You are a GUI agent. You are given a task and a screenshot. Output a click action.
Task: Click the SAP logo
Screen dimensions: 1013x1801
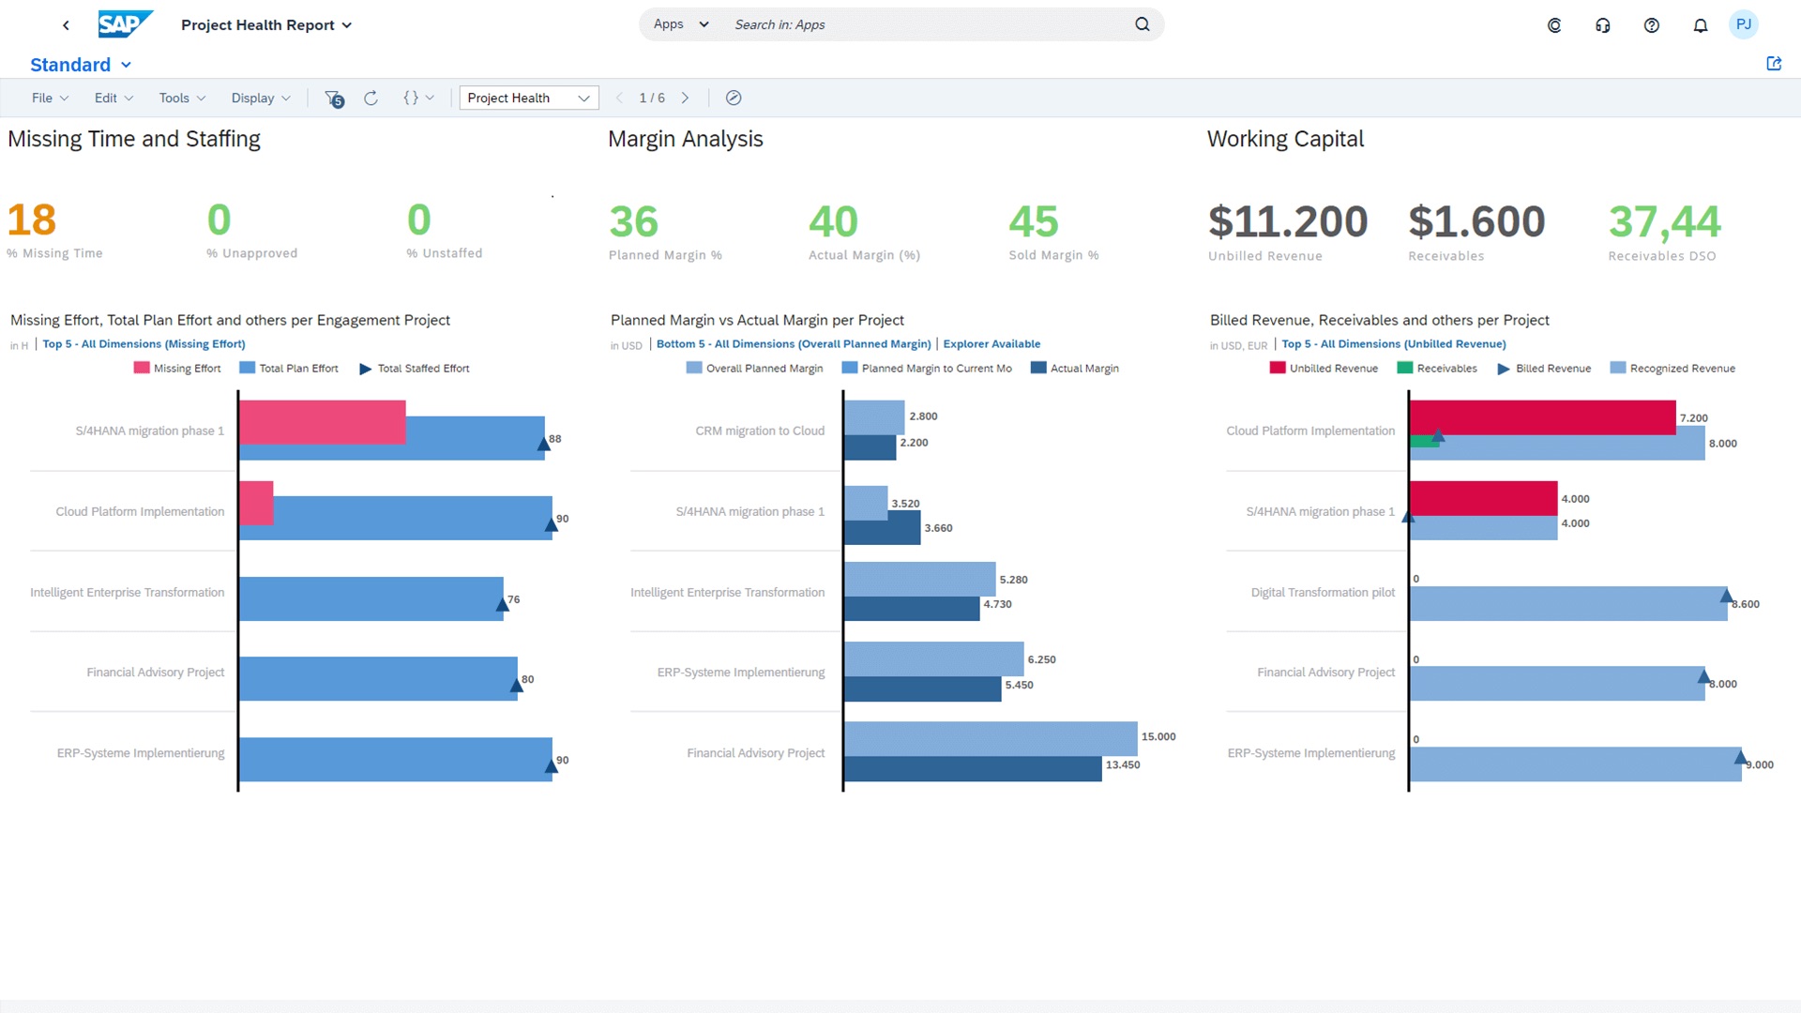coord(124,24)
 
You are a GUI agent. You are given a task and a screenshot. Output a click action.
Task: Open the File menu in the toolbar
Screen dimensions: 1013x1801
coord(50,98)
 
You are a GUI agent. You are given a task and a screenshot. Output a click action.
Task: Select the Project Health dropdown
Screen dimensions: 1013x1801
coord(528,98)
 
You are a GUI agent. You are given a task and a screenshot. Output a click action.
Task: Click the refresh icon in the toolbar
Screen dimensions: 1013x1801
coord(371,98)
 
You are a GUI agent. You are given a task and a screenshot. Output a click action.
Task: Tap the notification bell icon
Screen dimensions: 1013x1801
coord(1700,25)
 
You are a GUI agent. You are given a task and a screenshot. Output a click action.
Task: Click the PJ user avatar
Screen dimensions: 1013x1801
coord(1743,24)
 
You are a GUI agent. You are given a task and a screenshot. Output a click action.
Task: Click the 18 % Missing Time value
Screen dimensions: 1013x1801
coord(32,221)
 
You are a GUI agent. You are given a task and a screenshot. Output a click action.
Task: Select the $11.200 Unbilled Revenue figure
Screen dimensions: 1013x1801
coord(1287,222)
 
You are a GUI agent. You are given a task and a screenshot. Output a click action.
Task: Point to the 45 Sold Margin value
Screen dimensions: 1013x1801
coord(1033,222)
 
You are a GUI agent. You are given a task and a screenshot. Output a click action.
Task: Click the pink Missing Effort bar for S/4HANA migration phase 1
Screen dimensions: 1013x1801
coord(322,422)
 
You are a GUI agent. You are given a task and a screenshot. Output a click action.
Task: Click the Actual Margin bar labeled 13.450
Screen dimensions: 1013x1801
coord(972,769)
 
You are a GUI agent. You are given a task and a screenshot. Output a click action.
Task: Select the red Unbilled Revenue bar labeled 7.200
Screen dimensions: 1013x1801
coord(1541,417)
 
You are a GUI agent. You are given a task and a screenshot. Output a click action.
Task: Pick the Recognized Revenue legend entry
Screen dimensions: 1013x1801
coord(1681,369)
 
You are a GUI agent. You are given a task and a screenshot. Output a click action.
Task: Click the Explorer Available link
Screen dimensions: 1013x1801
coord(991,344)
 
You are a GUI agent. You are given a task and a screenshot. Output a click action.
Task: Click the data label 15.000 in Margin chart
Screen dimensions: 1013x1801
coord(1158,737)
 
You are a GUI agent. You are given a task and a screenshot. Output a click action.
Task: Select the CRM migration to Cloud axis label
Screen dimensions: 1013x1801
coord(759,431)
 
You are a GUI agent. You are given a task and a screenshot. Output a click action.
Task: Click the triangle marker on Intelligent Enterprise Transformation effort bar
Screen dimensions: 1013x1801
coord(503,605)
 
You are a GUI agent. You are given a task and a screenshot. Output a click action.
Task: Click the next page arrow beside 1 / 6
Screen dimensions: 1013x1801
coord(685,98)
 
